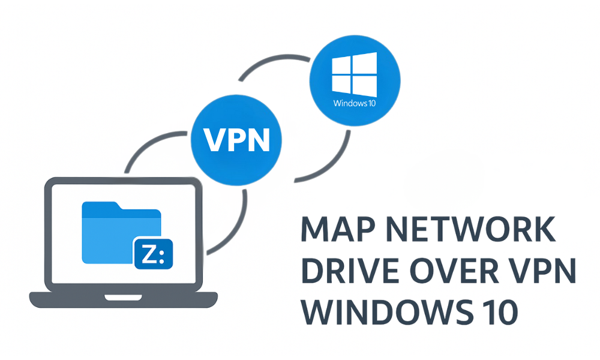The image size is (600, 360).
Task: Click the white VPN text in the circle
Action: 235,140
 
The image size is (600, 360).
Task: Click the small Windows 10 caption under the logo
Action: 355,103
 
